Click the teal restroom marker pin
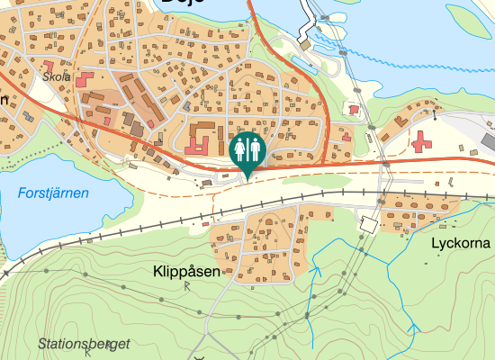point(247,151)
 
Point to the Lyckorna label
point(460,243)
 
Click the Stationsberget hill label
point(85,344)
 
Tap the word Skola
point(57,77)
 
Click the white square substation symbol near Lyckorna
point(367,223)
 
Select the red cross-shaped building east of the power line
point(420,141)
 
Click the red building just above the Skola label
point(50,65)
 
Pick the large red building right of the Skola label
point(88,80)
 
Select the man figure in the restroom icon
point(254,148)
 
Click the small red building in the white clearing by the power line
point(352,109)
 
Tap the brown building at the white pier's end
point(304,43)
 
